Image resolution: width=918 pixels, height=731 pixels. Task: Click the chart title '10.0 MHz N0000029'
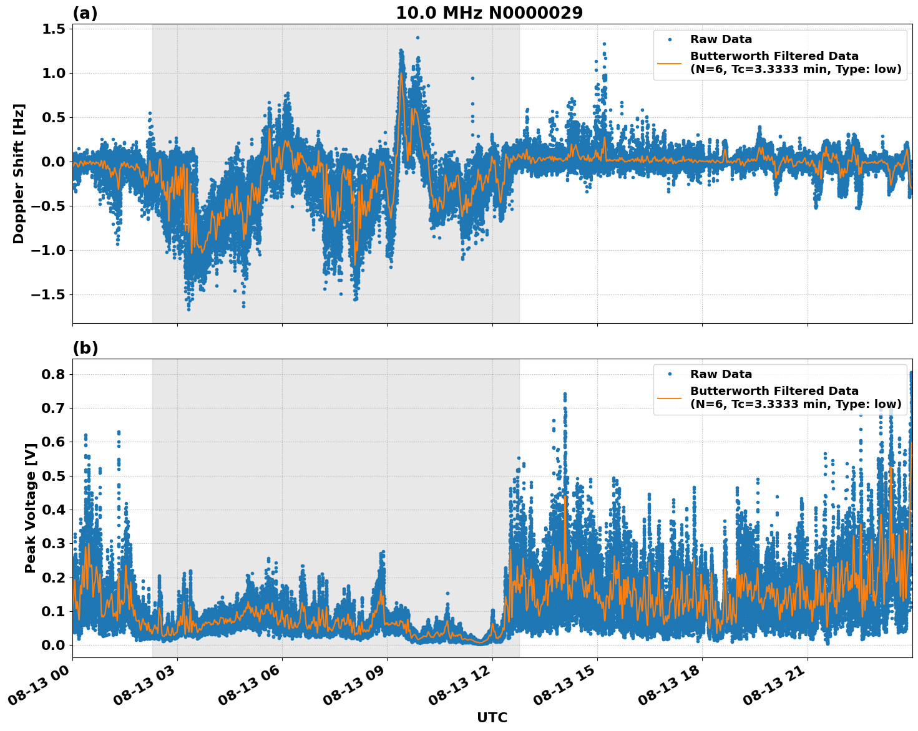(x=489, y=13)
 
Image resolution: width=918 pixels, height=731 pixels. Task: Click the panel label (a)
(x=85, y=13)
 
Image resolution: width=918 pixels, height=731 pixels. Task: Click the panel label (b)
(x=85, y=348)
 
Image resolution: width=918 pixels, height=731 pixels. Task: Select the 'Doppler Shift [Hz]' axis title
(x=19, y=173)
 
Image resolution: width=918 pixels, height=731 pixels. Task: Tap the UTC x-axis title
(x=492, y=717)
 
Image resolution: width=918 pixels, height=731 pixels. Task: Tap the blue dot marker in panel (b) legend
(x=670, y=374)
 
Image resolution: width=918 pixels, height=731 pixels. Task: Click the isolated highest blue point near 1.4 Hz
(x=417, y=37)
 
